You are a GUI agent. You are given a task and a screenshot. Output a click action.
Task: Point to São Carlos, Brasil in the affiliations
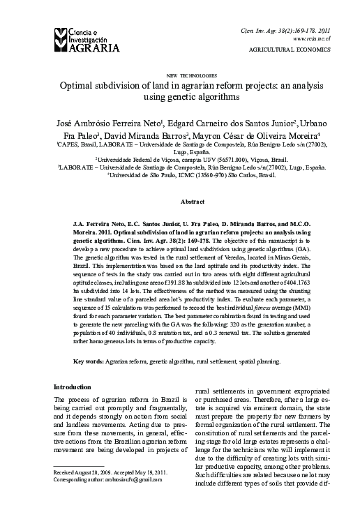[x=248, y=177]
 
